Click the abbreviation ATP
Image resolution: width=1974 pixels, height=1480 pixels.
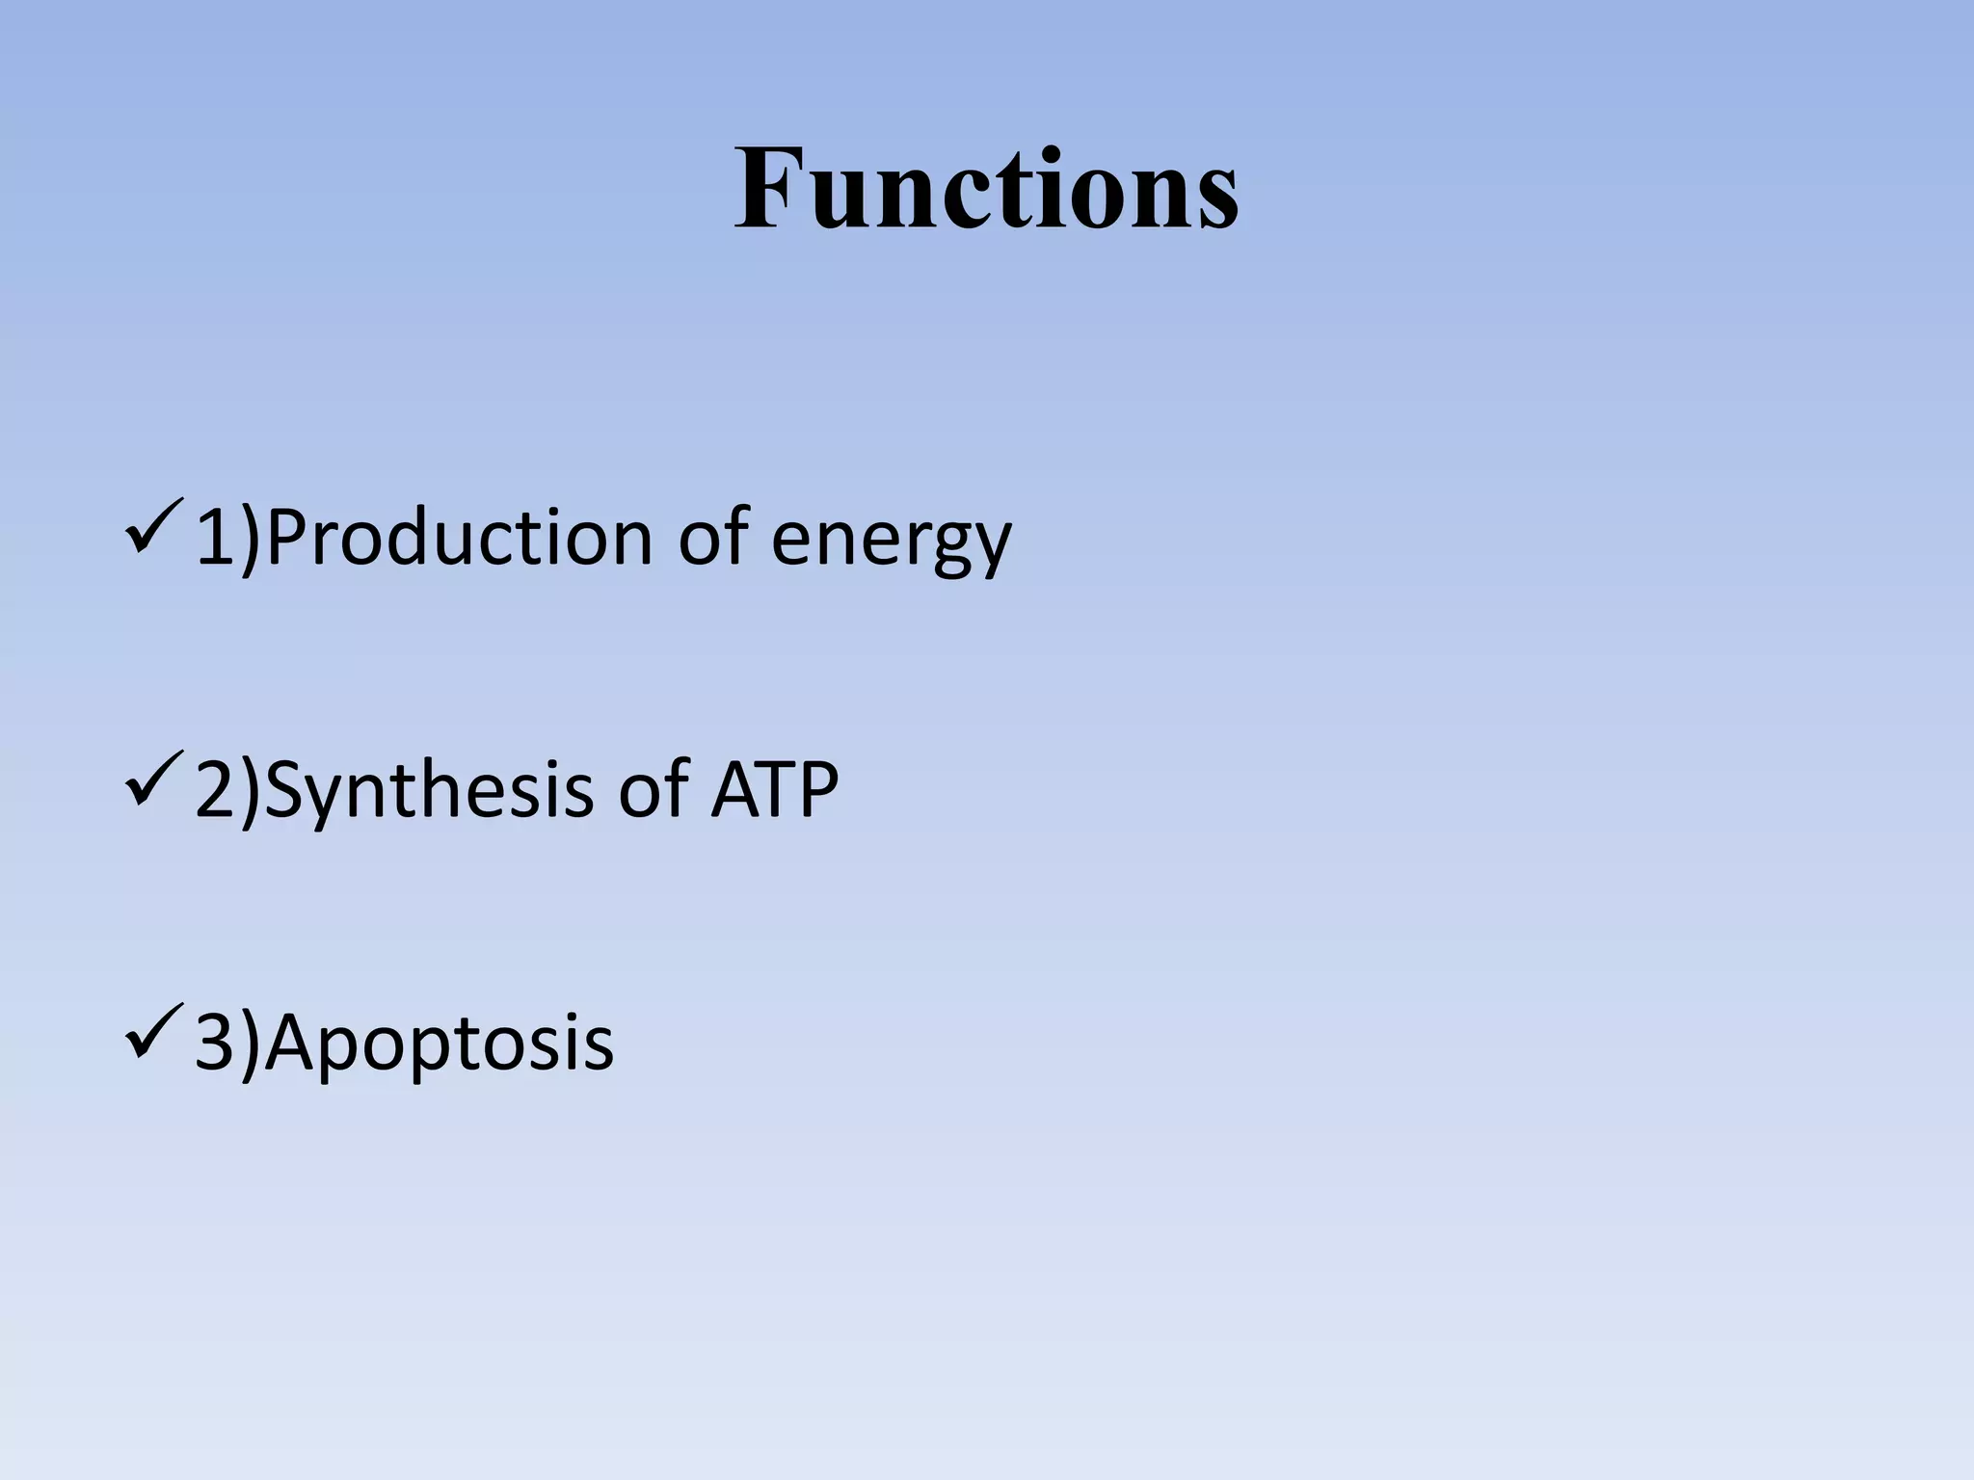point(774,789)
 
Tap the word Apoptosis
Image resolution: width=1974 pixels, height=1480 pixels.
point(439,1043)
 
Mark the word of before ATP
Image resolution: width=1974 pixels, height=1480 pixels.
point(654,789)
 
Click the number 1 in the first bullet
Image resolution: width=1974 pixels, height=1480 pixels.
point(216,537)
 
